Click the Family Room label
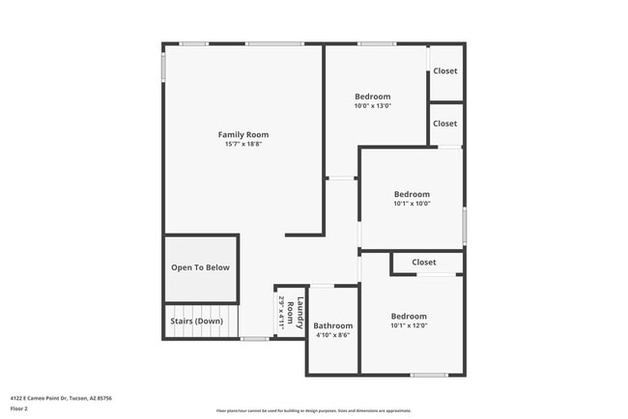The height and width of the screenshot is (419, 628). coord(243,134)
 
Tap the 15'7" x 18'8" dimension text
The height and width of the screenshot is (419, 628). coord(243,144)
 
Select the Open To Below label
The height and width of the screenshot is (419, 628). coord(201,267)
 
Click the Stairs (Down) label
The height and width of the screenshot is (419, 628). coord(197,321)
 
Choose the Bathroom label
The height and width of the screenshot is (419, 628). coord(333,326)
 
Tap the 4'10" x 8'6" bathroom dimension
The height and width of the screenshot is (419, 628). coord(333,336)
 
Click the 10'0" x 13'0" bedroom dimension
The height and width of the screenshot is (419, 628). coord(372,105)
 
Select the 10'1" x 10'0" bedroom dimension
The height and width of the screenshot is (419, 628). coord(412,204)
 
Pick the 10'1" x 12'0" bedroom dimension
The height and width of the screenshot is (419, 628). coord(408,325)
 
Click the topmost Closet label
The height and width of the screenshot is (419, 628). coord(445,71)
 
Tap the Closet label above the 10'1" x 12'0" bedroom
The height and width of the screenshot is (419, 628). coord(424,263)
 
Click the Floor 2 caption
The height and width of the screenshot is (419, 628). coord(18,408)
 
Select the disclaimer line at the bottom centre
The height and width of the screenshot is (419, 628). coord(314,410)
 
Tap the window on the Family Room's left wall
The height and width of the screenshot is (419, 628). coord(163,68)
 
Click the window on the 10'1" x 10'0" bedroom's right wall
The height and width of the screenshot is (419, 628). coord(464,224)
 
